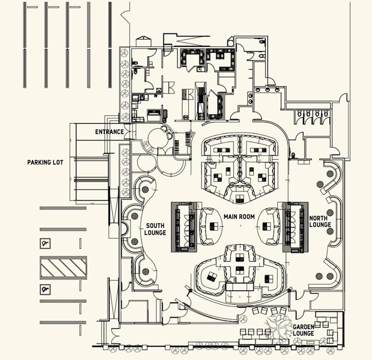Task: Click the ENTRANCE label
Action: click(109, 132)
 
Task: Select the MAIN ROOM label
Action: click(239, 216)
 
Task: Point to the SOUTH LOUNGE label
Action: click(155, 229)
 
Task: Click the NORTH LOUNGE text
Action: click(320, 221)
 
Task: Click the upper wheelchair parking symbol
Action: click(46, 243)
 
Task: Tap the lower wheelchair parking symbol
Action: click(46, 288)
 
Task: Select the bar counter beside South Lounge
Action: click(186, 226)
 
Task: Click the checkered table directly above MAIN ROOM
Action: click(240, 199)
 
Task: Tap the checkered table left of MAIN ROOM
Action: click(214, 226)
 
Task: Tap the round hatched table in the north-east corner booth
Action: click(330, 174)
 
